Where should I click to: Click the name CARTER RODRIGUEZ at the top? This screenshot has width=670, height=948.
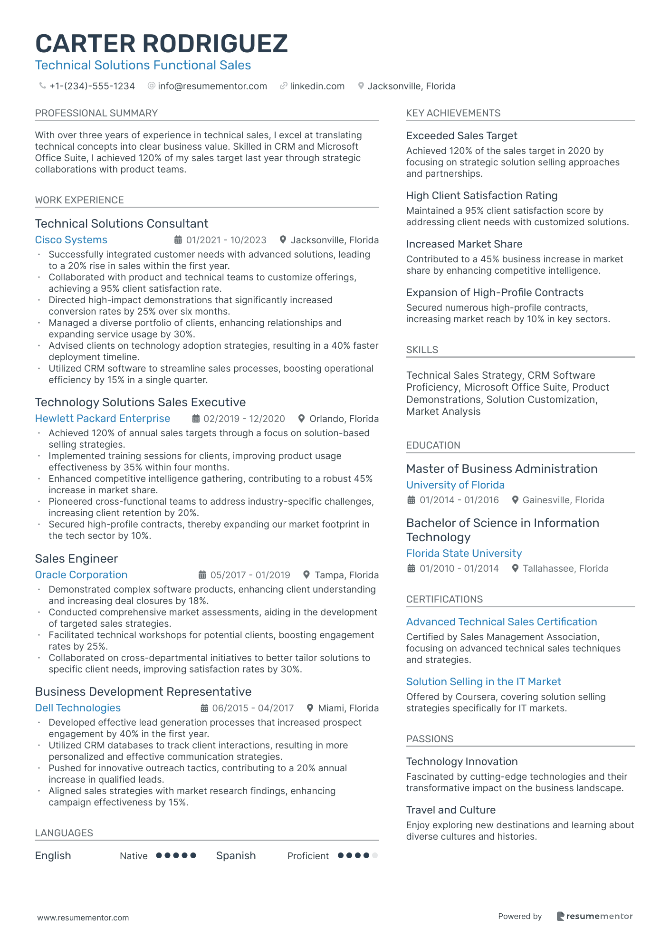[x=162, y=44]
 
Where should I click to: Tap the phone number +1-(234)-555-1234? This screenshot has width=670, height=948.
[x=92, y=86]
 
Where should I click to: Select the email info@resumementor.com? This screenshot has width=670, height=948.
[x=212, y=86]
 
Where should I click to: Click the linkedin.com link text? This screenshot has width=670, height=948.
[x=317, y=86]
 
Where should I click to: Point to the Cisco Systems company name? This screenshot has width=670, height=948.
[x=71, y=240]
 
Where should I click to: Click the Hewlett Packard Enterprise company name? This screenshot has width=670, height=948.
[x=103, y=419]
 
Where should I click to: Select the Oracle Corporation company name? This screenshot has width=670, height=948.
[x=81, y=575]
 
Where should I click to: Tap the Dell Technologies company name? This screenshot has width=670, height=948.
[x=78, y=708]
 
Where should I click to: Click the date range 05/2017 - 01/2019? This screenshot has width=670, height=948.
[x=250, y=575]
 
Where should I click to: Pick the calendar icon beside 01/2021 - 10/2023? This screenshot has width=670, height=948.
[x=178, y=240]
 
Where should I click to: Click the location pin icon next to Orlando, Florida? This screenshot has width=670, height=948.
[x=301, y=419]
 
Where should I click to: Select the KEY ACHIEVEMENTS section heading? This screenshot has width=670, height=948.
[x=453, y=113]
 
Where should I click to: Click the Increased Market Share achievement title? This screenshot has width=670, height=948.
[x=464, y=244]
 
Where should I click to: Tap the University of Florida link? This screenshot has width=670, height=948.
[x=455, y=485]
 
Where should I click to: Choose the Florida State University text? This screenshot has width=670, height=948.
[x=464, y=554]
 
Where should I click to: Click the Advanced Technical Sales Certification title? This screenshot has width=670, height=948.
[x=501, y=622]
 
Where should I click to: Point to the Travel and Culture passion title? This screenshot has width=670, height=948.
[x=451, y=810]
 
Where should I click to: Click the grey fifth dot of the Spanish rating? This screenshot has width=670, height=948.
[x=375, y=856]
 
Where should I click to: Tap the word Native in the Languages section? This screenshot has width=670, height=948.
[x=134, y=856]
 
